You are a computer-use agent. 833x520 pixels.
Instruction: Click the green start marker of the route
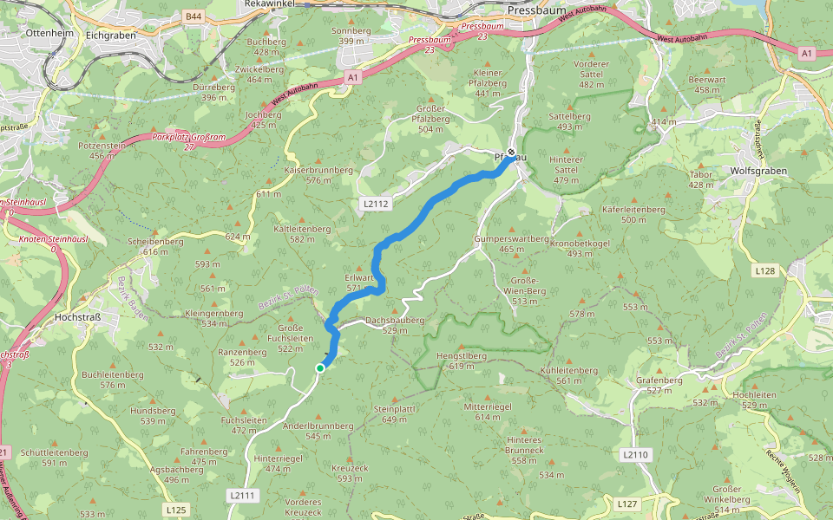[x=319, y=368]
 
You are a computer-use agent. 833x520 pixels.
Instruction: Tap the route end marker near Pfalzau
[x=511, y=153]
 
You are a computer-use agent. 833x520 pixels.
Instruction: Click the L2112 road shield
[x=375, y=204]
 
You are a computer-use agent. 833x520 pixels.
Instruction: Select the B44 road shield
[x=193, y=16]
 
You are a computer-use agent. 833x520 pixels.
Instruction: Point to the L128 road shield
[x=764, y=271]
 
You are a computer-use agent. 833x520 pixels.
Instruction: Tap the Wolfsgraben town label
[x=758, y=171]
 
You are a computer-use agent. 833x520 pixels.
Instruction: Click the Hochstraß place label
[x=78, y=317]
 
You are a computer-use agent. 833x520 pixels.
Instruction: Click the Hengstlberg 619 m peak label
[x=461, y=361]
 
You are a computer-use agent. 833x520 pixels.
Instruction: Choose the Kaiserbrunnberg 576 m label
[x=319, y=175]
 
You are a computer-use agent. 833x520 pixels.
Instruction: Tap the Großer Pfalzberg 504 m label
[x=436, y=124]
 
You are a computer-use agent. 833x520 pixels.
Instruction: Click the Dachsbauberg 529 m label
[x=395, y=325]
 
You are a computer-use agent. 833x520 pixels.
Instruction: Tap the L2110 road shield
[x=635, y=454]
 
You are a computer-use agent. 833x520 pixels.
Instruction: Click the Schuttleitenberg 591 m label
[x=54, y=457]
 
